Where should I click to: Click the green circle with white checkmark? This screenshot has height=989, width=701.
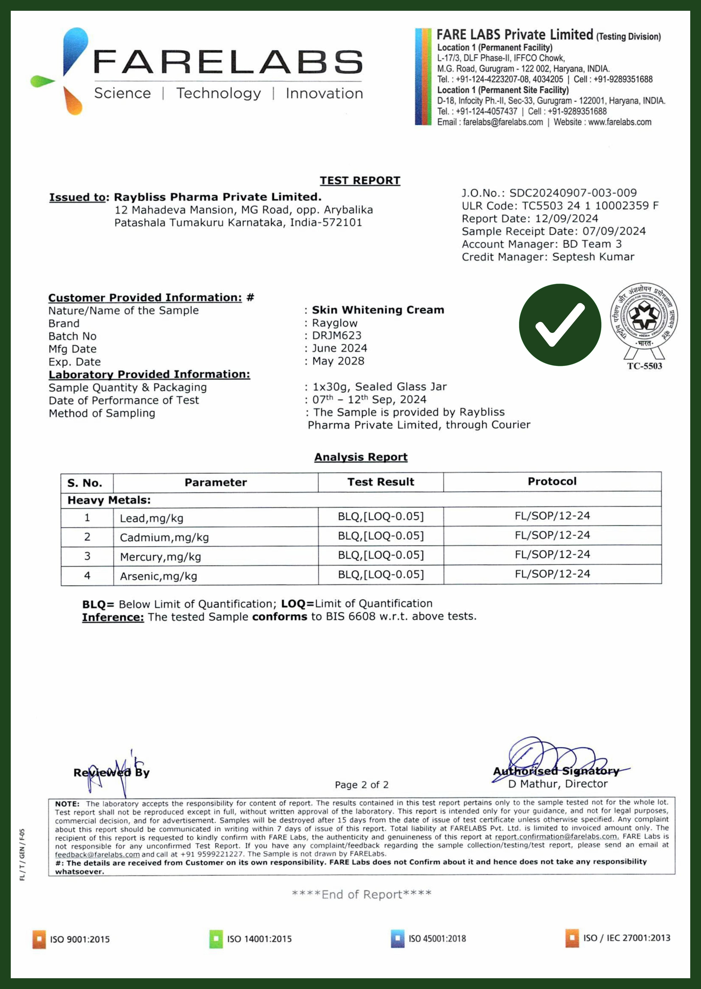coord(560,325)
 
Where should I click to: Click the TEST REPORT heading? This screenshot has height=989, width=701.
coord(360,180)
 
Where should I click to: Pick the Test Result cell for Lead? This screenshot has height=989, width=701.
coord(381,516)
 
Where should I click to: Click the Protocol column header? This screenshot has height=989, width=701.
coord(552,481)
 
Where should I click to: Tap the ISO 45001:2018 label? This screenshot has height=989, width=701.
coord(437,939)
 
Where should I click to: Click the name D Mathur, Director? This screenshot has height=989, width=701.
coord(558,783)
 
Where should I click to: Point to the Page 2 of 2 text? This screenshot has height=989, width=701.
coord(362,785)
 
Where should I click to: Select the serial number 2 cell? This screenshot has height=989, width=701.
coord(87,537)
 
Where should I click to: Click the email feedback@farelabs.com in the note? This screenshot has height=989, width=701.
coord(97,854)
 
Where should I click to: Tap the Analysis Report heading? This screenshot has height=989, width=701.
coord(361,457)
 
